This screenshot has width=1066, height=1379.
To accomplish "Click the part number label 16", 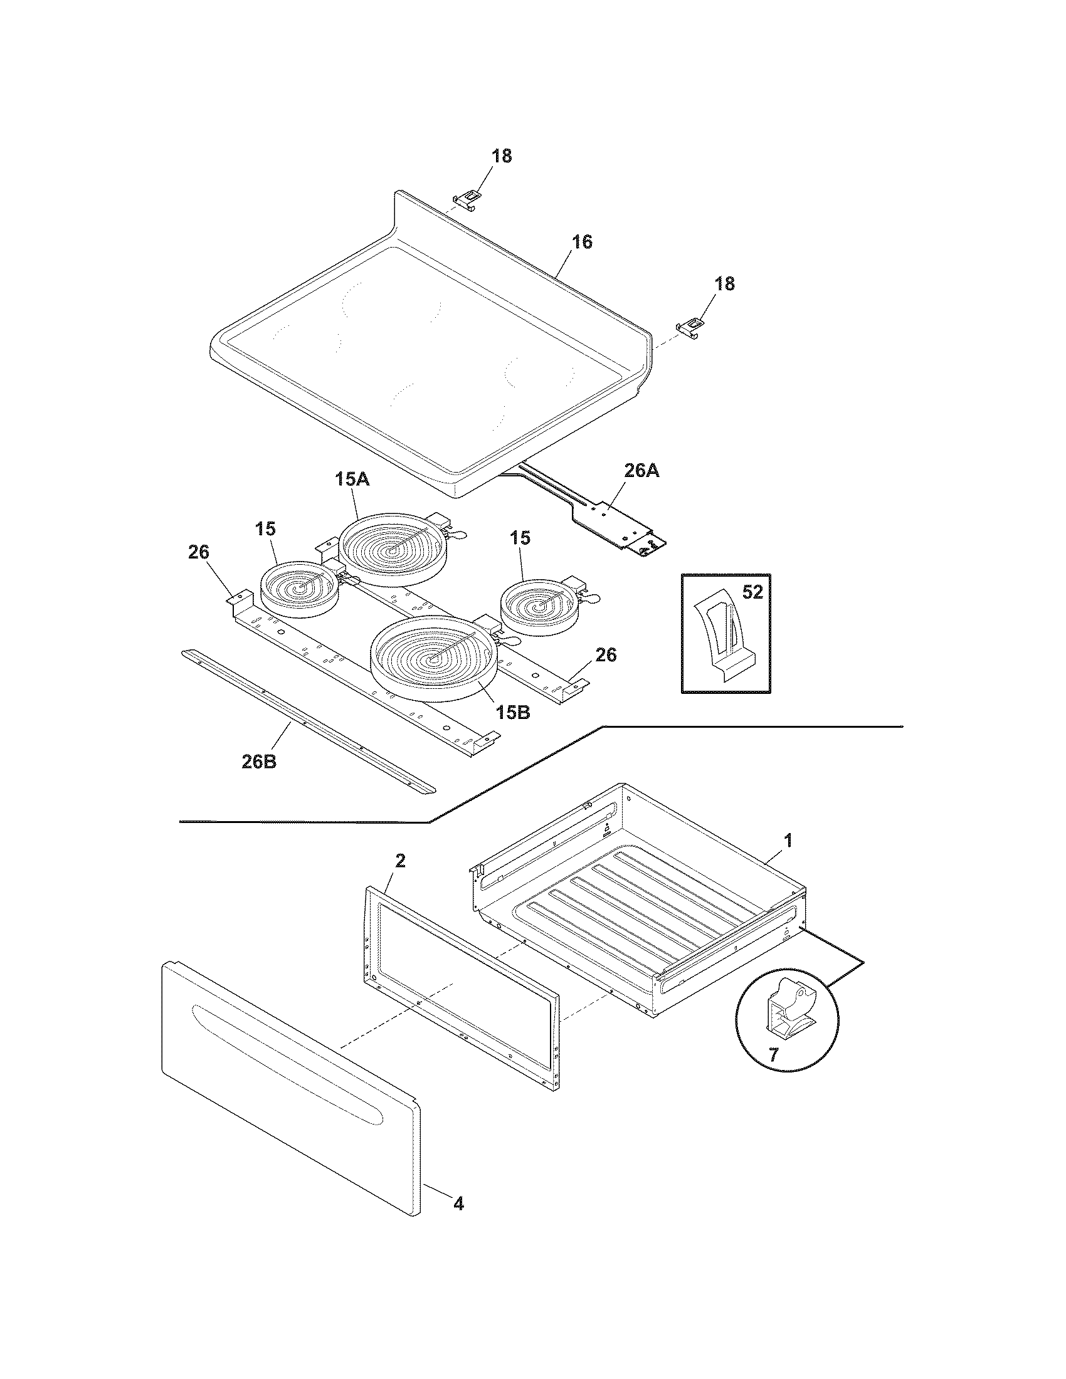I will [x=583, y=242].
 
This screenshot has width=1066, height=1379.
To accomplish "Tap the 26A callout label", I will [x=641, y=470].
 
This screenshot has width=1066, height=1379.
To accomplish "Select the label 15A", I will [x=352, y=480].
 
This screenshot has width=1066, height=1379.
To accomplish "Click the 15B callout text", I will [x=512, y=712].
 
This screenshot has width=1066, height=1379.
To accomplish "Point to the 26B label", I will [x=259, y=761].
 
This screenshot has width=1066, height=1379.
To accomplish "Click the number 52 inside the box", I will [x=752, y=592].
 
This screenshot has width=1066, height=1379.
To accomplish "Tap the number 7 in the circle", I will [x=774, y=1053].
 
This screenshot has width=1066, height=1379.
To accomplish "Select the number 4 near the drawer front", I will [x=459, y=1222].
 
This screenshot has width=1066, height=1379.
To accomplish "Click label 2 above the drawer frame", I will [x=401, y=860].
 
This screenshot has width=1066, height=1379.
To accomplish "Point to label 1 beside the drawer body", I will [x=788, y=841].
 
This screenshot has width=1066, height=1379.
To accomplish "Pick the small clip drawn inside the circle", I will [x=788, y=1009].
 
